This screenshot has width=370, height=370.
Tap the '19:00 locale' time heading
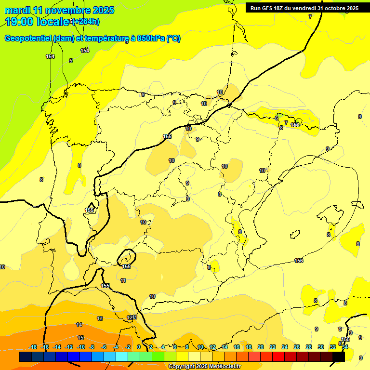click(x=37, y=21)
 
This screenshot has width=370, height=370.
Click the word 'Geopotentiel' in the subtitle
click(x=27, y=39)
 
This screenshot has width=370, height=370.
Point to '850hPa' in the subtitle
click(x=151, y=39)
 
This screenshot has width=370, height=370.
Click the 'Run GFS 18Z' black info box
click(x=304, y=8)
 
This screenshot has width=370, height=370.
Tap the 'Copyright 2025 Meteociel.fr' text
click(x=204, y=367)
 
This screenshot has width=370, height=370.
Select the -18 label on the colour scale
click(x=33, y=347)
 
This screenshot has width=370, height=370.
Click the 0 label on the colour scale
click(x=139, y=347)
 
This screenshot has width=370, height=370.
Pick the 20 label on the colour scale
click(x=261, y=347)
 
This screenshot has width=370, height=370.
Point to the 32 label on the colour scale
click(x=332, y=347)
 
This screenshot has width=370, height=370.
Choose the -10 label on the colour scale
click(x=81, y=347)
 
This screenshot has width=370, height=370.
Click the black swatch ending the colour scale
click(x=339, y=357)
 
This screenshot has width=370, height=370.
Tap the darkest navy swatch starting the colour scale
click(x=26, y=357)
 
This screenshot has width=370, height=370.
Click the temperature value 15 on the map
click(x=80, y=338)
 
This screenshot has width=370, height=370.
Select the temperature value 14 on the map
click(x=79, y=325)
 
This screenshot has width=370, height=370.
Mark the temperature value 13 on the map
click(x=100, y=318)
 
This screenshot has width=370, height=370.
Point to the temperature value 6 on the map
click(x=277, y=118)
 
